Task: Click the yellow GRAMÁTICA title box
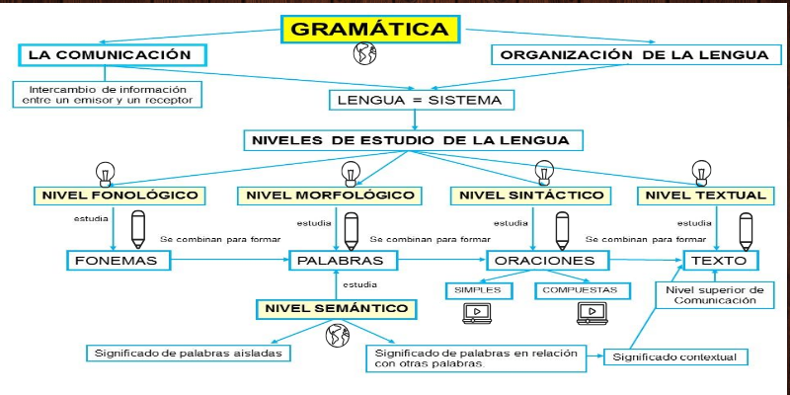tap(370, 29)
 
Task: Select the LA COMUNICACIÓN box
tap(113, 55)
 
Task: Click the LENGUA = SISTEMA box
tap(422, 100)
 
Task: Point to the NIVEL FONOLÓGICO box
tap(119, 196)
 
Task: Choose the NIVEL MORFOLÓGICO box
tap(330, 196)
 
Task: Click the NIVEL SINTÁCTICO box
tap(530, 196)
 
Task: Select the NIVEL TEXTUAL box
tap(705, 196)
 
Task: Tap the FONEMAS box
tap(118, 261)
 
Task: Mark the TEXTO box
tap(721, 261)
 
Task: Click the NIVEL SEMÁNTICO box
tap(337, 309)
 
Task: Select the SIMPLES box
tap(479, 290)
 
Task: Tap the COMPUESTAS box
tap(583, 290)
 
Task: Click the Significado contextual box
tap(675, 357)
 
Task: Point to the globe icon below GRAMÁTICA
tap(364, 53)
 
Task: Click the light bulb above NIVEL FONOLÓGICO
tap(106, 174)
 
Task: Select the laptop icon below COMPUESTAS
tap(592, 313)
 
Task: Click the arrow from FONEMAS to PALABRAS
tap(230, 260)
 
